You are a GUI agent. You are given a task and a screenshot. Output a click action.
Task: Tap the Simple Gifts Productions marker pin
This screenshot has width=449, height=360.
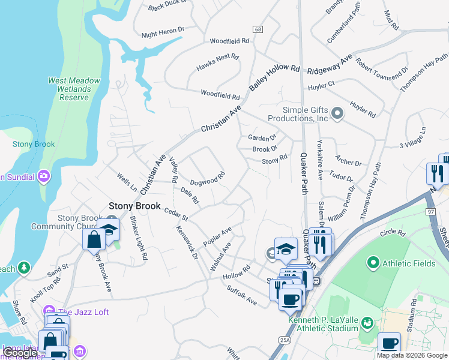pos(337,113)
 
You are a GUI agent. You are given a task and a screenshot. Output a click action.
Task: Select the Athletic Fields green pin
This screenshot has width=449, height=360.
pos(373,263)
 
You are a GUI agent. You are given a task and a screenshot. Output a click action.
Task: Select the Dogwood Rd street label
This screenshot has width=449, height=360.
pos(207,179)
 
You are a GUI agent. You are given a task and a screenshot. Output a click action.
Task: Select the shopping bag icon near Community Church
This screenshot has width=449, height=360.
pos(95,239)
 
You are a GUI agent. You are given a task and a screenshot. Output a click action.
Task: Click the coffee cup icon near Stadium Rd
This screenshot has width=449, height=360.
pos(389,343)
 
